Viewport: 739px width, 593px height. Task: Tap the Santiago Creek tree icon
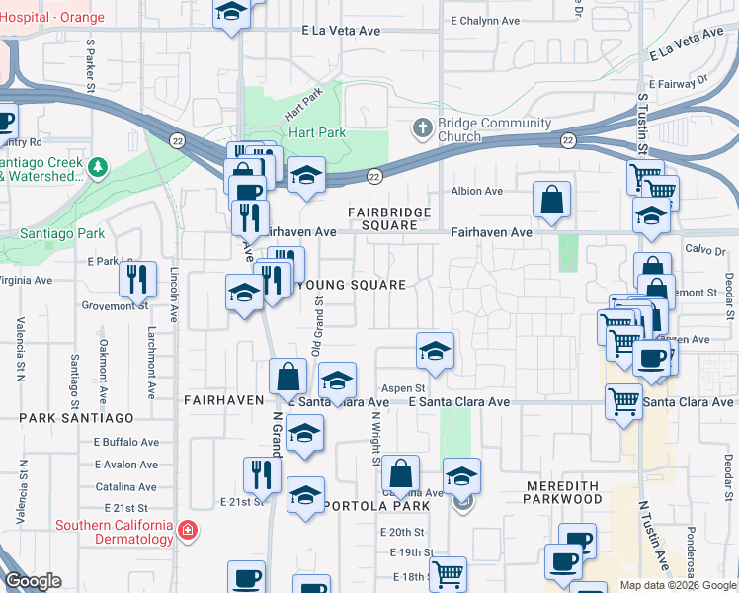coord(97,168)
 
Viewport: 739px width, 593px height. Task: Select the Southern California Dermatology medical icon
coord(187,532)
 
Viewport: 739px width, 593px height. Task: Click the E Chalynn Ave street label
coord(485,20)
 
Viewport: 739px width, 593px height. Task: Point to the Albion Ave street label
coord(477,191)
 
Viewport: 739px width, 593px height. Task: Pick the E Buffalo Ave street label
coord(126,442)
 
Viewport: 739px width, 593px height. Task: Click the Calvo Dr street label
coord(705,251)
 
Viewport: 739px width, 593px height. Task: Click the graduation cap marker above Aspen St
coord(434,350)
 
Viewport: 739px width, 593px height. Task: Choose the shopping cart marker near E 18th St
coord(449,572)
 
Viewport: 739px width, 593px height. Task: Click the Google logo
coord(33,581)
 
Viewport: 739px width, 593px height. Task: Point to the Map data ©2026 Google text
coord(677,585)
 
